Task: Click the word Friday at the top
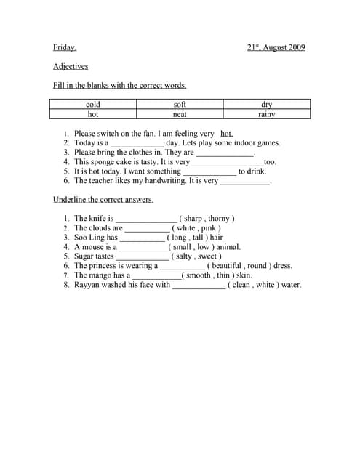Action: tap(64, 48)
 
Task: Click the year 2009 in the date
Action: tap(295, 48)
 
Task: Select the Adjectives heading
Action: tap(71, 66)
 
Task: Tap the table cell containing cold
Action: tap(93, 105)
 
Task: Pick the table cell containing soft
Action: tap(180, 105)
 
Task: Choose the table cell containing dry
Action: tap(267, 105)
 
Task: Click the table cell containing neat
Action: tap(180, 114)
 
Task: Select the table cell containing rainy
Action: tap(267, 114)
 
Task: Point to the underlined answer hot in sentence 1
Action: tap(226, 134)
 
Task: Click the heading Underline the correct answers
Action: tap(103, 199)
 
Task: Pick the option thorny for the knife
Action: tap(218, 219)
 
